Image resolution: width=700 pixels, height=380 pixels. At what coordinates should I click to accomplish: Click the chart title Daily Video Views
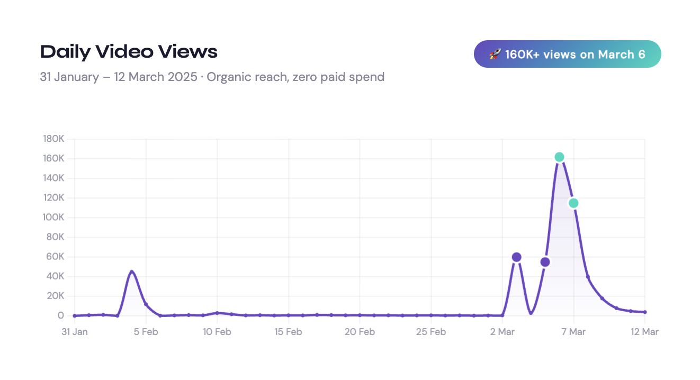(129, 52)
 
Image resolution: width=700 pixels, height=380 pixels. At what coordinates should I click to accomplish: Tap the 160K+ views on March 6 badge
(567, 54)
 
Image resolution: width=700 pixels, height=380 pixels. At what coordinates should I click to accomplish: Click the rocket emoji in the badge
(495, 54)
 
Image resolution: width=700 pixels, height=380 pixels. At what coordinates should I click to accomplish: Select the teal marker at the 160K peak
(559, 157)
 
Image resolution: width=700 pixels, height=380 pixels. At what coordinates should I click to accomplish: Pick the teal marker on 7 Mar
(573, 203)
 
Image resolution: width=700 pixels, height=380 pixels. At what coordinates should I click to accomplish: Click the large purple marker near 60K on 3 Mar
(516, 257)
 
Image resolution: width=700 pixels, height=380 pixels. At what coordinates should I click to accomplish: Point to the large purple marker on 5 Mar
(545, 262)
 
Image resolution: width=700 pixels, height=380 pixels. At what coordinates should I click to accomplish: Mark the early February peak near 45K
(132, 272)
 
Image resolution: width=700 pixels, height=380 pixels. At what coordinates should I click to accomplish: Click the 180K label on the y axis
(53, 139)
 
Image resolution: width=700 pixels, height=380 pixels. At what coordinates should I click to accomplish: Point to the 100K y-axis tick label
(53, 218)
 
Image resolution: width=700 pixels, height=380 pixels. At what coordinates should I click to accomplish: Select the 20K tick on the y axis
(55, 296)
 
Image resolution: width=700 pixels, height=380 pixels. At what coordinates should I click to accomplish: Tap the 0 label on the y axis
(61, 315)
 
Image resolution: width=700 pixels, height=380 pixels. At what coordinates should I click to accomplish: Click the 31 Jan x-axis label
(75, 332)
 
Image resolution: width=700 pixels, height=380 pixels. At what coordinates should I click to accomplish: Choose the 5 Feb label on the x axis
(146, 332)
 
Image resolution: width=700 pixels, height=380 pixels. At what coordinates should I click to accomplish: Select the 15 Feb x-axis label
(288, 332)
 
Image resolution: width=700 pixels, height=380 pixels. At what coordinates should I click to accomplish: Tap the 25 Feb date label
(430, 332)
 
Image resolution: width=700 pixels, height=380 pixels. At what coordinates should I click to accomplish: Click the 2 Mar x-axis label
(502, 332)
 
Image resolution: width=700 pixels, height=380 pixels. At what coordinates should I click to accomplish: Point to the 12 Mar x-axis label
(644, 332)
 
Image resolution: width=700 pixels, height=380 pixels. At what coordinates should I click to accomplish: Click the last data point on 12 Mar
(644, 312)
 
